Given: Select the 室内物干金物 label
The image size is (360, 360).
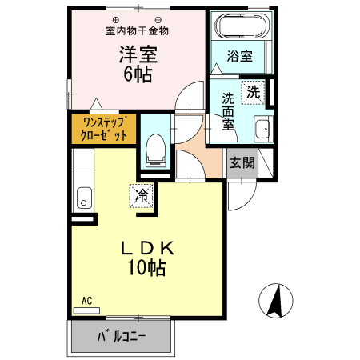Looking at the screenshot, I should [x=137, y=31].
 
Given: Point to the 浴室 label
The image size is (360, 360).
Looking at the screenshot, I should [x=239, y=56].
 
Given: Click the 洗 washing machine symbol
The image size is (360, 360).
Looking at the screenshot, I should [x=252, y=91].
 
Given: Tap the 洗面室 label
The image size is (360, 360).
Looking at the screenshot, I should [x=228, y=112].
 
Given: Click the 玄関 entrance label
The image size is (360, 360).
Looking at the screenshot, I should [x=242, y=163].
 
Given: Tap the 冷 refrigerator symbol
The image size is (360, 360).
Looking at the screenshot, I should [x=142, y=194].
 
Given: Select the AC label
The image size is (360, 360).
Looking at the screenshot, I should [x=87, y=302].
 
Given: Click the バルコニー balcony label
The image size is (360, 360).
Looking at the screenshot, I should [x=122, y=336].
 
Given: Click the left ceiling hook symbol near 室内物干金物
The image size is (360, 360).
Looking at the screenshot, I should [x=116, y=19].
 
